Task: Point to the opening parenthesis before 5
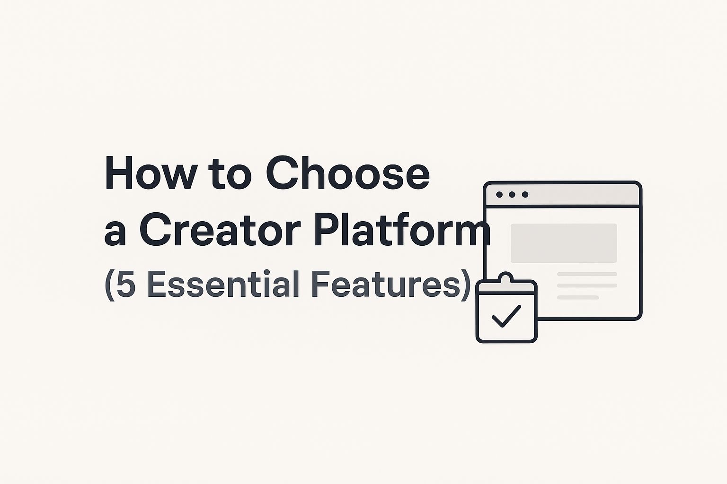pos(109,285)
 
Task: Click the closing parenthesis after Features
pos(466,285)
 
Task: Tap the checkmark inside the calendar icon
pos(506,316)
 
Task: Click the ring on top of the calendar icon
pos(506,277)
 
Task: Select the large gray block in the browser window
pos(564,243)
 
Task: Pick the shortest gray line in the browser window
pos(577,297)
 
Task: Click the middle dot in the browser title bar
pos(512,195)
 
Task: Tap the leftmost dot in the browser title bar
pos(499,195)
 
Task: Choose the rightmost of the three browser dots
pos(524,195)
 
